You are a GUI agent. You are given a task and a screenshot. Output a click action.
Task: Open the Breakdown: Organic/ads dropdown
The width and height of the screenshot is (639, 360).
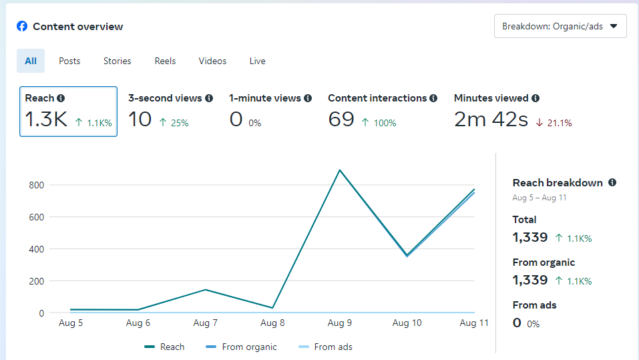click(560, 27)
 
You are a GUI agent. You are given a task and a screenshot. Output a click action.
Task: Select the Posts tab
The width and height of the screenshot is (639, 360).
click(69, 61)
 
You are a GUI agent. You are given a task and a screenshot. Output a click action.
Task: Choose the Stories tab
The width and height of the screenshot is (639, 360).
click(118, 61)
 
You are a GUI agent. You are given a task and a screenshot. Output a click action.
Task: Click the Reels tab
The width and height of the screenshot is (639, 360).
click(166, 61)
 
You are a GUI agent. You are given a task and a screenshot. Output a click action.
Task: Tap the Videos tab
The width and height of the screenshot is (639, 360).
click(212, 61)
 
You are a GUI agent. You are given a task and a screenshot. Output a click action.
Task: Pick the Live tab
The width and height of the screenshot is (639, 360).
click(258, 61)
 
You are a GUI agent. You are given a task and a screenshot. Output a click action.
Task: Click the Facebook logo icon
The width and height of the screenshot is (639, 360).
click(22, 27)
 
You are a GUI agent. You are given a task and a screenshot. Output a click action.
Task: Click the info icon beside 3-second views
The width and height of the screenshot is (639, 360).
click(209, 98)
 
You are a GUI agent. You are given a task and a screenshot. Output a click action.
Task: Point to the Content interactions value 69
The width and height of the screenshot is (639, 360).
click(341, 120)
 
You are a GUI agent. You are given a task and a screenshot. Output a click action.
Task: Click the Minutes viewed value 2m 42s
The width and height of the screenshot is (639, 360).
click(491, 120)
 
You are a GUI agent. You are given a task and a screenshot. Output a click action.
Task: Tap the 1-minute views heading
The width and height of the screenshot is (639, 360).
click(264, 98)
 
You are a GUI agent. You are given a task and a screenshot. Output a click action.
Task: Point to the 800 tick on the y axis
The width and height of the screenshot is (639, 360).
click(36, 185)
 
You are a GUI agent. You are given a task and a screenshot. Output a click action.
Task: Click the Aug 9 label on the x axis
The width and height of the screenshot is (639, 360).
click(340, 323)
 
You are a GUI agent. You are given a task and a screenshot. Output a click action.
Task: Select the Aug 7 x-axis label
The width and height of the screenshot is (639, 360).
click(205, 323)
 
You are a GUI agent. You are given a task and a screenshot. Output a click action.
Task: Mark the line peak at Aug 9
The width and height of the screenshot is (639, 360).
click(340, 170)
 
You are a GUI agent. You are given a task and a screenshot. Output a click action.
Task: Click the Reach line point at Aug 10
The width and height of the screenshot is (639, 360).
click(407, 255)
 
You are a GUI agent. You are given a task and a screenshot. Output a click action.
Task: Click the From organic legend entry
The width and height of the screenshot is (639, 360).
click(242, 347)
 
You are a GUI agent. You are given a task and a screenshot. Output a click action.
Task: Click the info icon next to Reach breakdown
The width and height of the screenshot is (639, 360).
click(612, 182)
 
